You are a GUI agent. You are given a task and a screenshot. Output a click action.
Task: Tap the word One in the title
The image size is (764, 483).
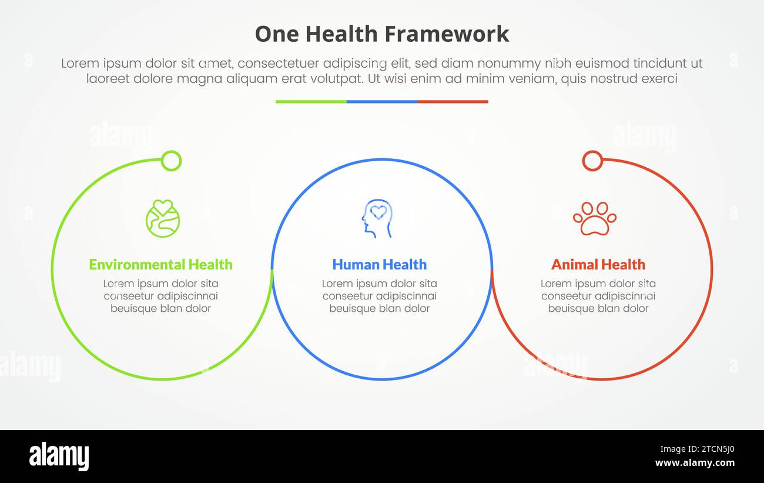274,34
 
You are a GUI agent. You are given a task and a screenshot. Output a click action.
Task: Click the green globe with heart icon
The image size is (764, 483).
163,218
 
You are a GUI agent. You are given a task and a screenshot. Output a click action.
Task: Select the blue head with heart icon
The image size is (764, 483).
377,218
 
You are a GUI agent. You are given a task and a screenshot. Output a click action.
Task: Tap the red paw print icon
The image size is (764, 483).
594,218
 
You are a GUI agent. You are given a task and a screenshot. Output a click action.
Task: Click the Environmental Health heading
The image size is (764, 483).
160,265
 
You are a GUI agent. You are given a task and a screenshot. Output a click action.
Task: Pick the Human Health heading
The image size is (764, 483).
379,265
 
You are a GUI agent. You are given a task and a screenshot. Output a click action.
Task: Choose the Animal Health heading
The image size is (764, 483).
598,265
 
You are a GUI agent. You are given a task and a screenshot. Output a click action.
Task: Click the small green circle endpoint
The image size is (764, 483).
171,161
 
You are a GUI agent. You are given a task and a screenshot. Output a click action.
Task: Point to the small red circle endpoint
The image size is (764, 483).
592,161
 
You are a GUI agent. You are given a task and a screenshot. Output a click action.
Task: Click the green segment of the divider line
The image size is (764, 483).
311,102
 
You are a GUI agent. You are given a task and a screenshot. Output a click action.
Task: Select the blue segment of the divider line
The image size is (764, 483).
382,102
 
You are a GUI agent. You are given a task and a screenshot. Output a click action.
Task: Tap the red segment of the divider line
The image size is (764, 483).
453,102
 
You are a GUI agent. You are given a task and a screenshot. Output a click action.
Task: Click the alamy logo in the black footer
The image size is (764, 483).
59,457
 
